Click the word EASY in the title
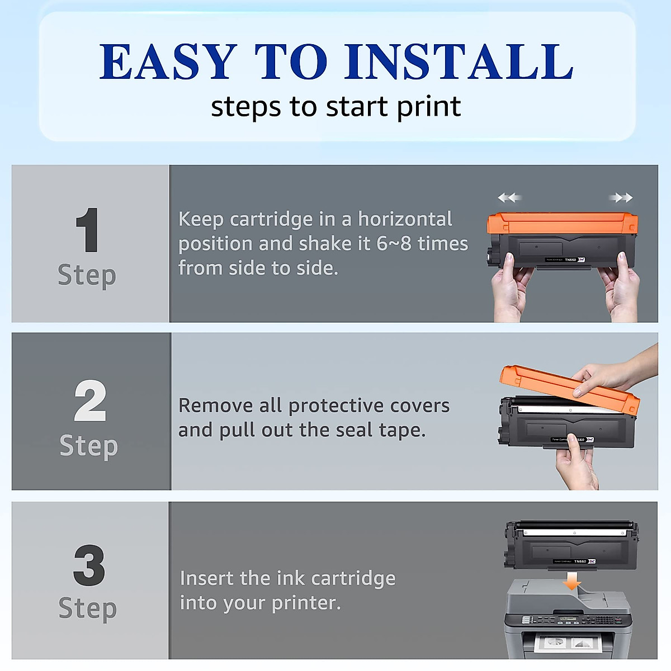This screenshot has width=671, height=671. (168, 62)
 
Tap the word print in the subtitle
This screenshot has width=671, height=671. (428, 106)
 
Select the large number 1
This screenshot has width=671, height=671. (88, 230)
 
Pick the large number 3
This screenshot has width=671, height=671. (89, 565)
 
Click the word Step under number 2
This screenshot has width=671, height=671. (88, 446)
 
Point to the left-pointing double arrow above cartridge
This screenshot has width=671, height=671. (509, 197)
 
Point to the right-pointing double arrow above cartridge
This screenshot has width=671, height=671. (621, 197)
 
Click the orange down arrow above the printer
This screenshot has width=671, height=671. (571, 582)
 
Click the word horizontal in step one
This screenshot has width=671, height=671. (405, 219)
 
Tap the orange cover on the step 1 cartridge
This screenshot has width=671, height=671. (562, 223)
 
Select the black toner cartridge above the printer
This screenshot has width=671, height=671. (570, 545)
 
